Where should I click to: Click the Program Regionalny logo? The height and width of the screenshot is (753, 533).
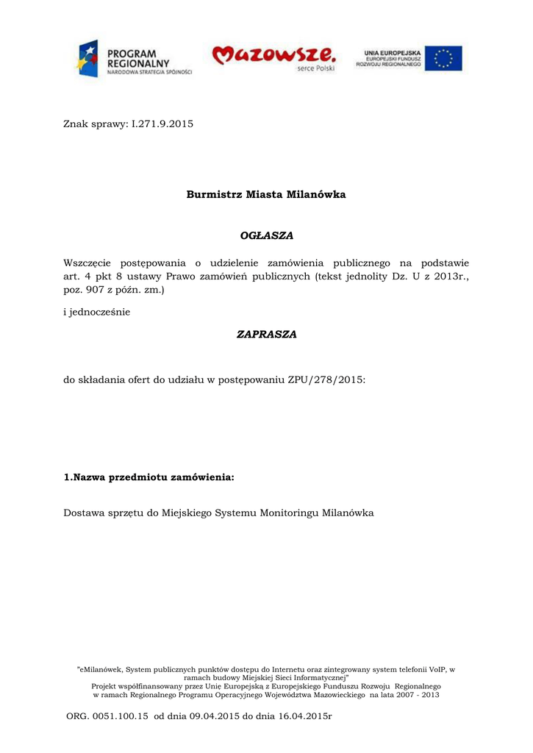click(x=133, y=58)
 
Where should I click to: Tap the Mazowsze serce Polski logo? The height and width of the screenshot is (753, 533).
click(x=275, y=57)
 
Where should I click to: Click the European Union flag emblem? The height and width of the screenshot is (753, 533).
click(x=443, y=58)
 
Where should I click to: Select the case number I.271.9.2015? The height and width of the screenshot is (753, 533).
click(x=162, y=124)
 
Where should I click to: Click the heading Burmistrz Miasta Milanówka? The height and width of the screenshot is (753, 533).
click(x=265, y=195)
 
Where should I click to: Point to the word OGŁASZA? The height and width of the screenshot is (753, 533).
click(x=266, y=236)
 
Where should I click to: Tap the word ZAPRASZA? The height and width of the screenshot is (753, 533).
click(x=266, y=335)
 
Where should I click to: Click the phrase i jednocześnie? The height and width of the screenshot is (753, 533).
click(x=97, y=312)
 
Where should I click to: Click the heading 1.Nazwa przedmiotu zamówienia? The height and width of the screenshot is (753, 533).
click(x=149, y=478)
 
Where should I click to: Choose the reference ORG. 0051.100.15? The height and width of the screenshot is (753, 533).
click(x=107, y=715)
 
